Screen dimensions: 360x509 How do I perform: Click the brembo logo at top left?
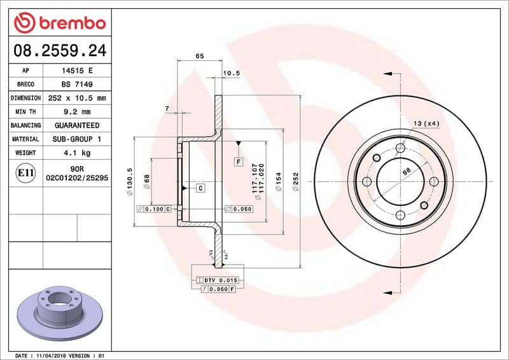tap(59, 23)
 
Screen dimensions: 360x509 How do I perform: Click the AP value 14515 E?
tap(76, 71)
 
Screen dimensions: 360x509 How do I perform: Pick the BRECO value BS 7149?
tap(76, 85)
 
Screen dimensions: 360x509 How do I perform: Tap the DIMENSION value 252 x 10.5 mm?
tap(76, 99)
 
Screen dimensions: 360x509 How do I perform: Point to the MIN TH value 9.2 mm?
tap(76, 112)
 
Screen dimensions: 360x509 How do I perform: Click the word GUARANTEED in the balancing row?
tap(76, 125)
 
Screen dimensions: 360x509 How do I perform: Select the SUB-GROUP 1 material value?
tap(76, 139)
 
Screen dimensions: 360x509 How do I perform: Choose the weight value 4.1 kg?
tap(76, 153)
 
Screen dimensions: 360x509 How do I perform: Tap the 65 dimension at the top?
tap(199, 57)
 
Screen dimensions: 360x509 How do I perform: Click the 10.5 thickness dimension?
tap(232, 73)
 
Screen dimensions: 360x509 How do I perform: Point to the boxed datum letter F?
tap(239, 162)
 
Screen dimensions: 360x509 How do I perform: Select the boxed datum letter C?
tap(200, 188)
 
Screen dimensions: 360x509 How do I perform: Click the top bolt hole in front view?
tap(400, 148)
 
